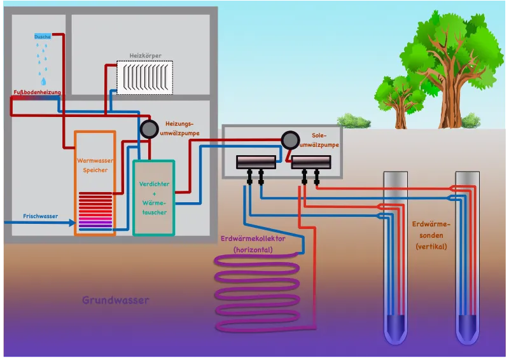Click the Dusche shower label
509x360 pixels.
tap(43, 36)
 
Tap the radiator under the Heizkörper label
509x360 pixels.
tap(145, 78)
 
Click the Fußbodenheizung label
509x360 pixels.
tap(38, 93)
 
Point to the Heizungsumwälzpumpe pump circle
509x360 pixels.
tap(149, 129)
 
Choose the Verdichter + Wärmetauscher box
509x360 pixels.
tap(153, 197)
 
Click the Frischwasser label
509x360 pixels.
tap(41, 216)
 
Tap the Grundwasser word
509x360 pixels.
tap(115, 300)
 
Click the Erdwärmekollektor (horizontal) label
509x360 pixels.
tap(252, 244)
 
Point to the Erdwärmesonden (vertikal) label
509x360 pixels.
tap(431, 235)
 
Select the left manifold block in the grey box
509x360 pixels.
tap(256, 163)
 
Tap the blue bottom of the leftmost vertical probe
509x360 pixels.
tap(395, 328)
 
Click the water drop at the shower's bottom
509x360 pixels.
tap(43, 81)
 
